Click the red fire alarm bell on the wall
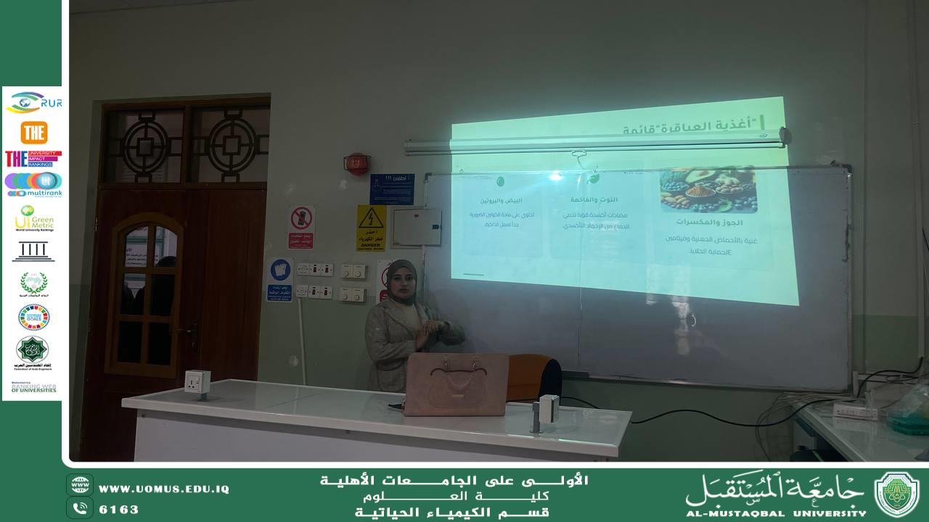click(356, 163)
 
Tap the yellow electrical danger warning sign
click(371, 228)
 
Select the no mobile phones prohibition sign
click(301, 227)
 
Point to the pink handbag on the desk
click(457, 384)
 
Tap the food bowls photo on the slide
click(708, 190)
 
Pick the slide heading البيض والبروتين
click(502, 200)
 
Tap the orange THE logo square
click(33, 133)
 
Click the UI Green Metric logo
click(34, 217)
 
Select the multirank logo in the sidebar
click(33, 184)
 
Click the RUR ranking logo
click(33, 103)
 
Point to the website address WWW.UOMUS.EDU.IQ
click(163, 489)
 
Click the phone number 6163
click(118, 509)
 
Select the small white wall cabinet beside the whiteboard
click(416, 228)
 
